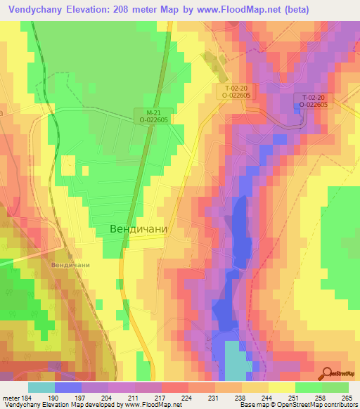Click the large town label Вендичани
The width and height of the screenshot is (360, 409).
pyautogui.click(x=138, y=229)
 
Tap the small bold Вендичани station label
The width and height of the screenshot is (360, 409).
pyautogui.click(x=70, y=264)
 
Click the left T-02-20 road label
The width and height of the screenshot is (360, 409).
pyautogui.click(x=235, y=91)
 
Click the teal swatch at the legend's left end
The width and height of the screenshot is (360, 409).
pyautogui.click(x=41, y=387)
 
